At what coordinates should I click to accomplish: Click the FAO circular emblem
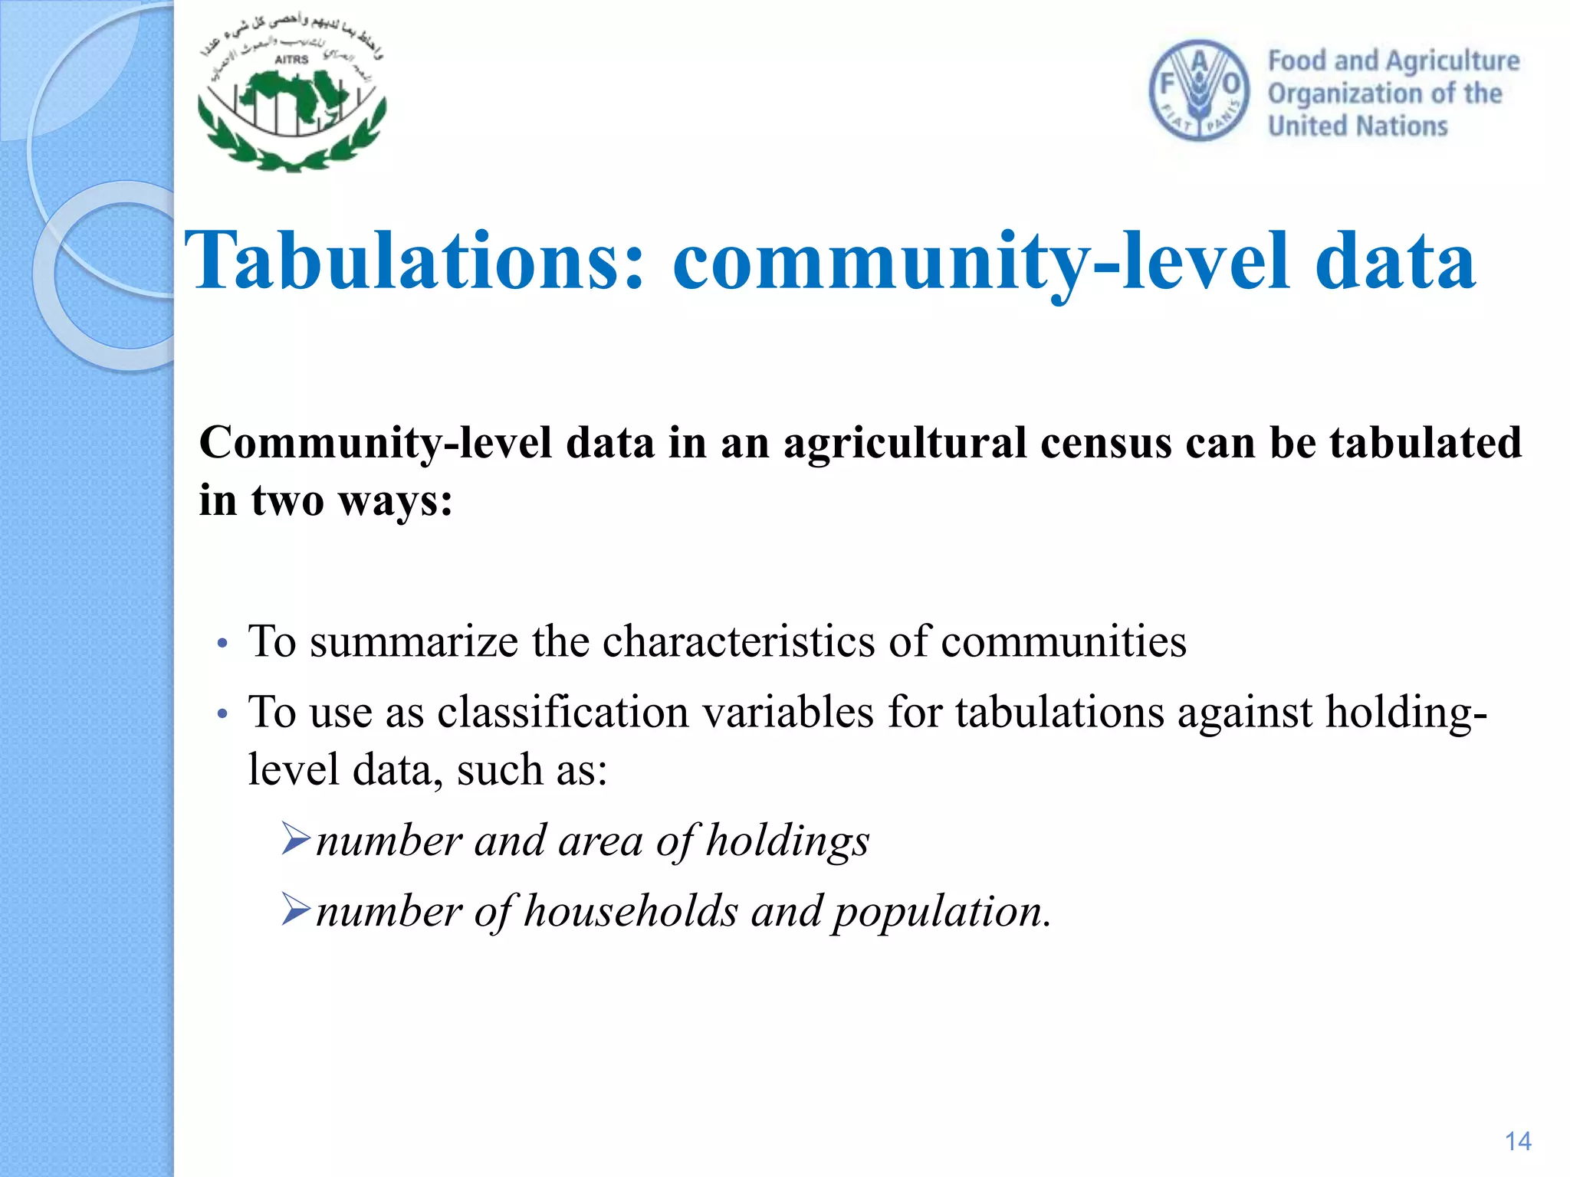pos(1199,91)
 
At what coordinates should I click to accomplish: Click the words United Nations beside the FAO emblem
pos(1357,126)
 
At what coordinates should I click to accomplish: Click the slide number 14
pos(1517,1142)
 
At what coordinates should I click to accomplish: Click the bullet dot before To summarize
pos(222,644)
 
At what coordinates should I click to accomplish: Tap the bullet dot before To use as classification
pos(222,715)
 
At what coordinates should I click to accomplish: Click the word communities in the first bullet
pos(1063,641)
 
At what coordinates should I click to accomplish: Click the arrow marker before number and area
pos(295,838)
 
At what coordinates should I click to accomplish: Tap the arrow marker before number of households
pos(295,910)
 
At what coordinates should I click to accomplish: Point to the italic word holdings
pos(787,842)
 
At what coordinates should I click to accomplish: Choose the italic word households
pos(631,912)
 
